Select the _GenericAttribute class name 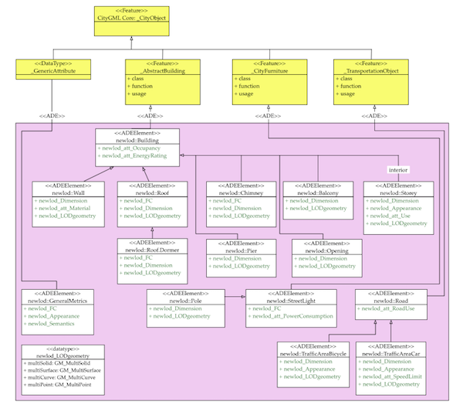(52, 71)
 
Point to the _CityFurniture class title (266, 71)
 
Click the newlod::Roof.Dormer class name (152, 250)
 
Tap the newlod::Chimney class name (241, 192)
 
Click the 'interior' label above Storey (399, 169)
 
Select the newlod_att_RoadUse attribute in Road (387, 308)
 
